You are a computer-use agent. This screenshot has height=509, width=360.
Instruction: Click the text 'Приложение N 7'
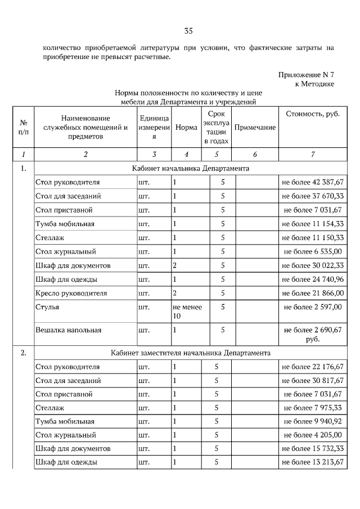click(306, 74)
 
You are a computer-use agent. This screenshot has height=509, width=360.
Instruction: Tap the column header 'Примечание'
click(255, 128)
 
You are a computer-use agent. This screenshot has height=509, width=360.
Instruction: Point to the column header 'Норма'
click(186, 128)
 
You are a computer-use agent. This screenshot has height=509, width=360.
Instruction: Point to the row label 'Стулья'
click(47, 307)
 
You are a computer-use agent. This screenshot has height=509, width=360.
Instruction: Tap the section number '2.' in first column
click(23, 353)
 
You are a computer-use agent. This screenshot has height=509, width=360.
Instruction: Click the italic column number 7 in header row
click(313, 154)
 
